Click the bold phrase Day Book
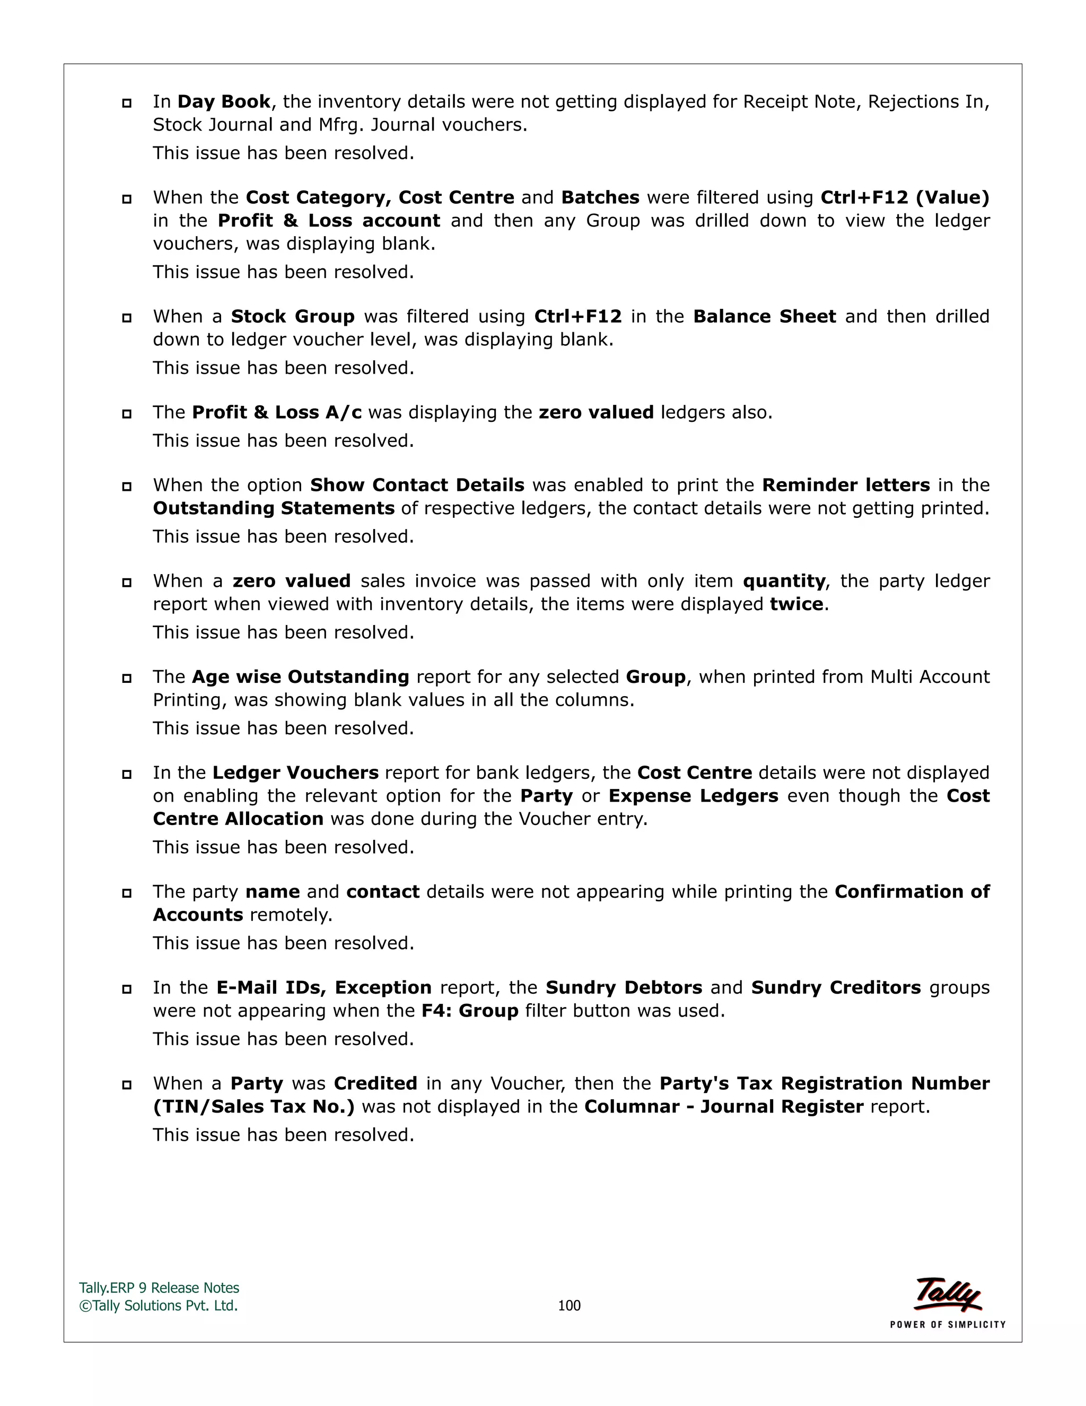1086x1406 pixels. [224, 102]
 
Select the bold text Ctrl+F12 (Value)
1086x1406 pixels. [905, 198]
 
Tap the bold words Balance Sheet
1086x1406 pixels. [764, 317]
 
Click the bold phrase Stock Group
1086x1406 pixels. [293, 317]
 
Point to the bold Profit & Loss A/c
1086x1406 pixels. [277, 413]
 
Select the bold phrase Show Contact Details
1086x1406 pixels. [417, 485]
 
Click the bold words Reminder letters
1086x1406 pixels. [846, 485]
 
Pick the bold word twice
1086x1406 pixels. [796, 604]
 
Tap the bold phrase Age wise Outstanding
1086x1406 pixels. [301, 677]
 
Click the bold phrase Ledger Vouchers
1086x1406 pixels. [295, 773]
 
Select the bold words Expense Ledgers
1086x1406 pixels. [693, 796]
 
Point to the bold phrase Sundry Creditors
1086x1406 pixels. [836, 988]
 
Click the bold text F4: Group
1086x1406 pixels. [470, 1011]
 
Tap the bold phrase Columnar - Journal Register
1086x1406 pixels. [724, 1107]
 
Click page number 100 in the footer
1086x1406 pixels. [569, 1306]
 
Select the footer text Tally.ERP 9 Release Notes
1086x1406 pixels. [159, 1288]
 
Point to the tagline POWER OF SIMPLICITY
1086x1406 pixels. [947, 1325]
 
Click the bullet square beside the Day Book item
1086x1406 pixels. [127, 103]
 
